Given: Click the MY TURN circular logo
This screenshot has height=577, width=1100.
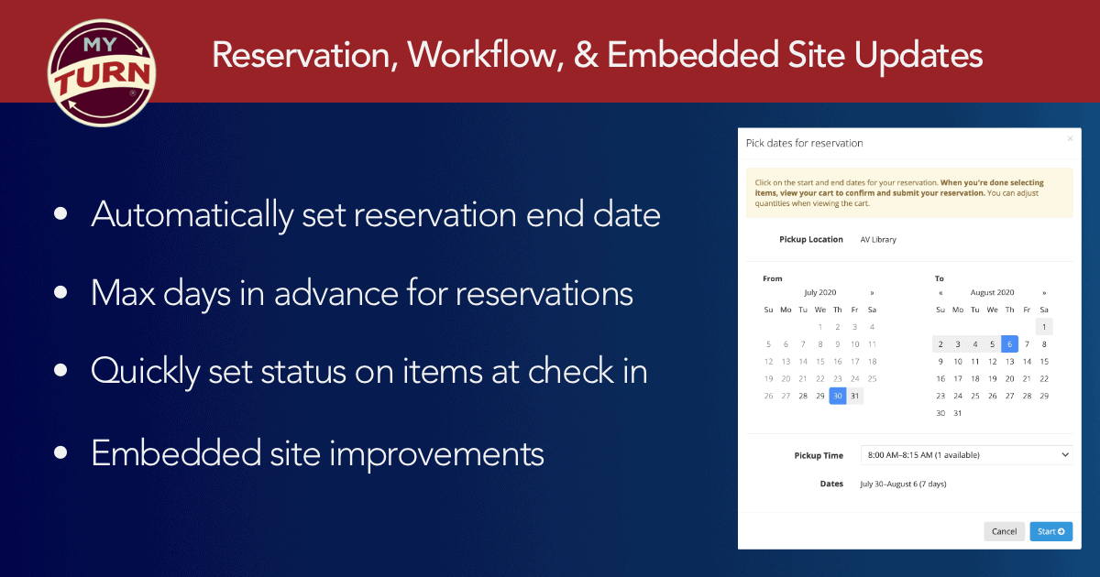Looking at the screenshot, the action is [x=102, y=73].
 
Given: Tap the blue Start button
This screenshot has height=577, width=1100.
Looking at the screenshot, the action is [x=1050, y=531].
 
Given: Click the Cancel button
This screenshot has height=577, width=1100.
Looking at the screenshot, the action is [x=1004, y=531].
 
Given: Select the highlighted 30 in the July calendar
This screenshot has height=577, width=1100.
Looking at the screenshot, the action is [x=838, y=396].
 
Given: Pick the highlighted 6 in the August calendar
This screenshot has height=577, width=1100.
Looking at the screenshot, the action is [x=1009, y=344].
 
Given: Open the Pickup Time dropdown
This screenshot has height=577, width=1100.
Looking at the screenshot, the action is [x=966, y=455].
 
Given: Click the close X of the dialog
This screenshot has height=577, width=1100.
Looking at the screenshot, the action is [x=1070, y=139].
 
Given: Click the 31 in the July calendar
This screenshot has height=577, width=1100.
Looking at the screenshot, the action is [x=855, y=396].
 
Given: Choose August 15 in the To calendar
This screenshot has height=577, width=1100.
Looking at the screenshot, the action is [x=1044, y=362].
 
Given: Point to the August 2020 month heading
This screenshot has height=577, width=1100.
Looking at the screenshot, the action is [x=992, y=292].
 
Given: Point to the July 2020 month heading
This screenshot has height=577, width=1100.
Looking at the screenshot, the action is [x=820, y=292].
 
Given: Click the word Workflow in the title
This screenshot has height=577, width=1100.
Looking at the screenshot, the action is [x=485, y=55].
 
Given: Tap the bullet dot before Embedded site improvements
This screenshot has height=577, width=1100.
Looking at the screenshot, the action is [x=60, y=452].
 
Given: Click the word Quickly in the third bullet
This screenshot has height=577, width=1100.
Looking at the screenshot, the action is [x=146, y=372].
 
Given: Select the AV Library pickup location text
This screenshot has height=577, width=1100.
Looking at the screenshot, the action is [x=878, y=239].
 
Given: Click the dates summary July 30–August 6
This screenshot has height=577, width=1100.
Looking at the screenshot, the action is [x=903, y=484].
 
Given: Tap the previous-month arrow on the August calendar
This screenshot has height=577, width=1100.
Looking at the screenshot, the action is [x=940, y=293].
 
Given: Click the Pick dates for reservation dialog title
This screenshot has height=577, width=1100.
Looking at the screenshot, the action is [x=805, y=143].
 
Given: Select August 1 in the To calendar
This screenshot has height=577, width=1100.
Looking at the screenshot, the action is [x=1044, y=327].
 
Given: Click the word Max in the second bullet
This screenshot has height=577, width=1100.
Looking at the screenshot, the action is [x=123, y=293].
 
